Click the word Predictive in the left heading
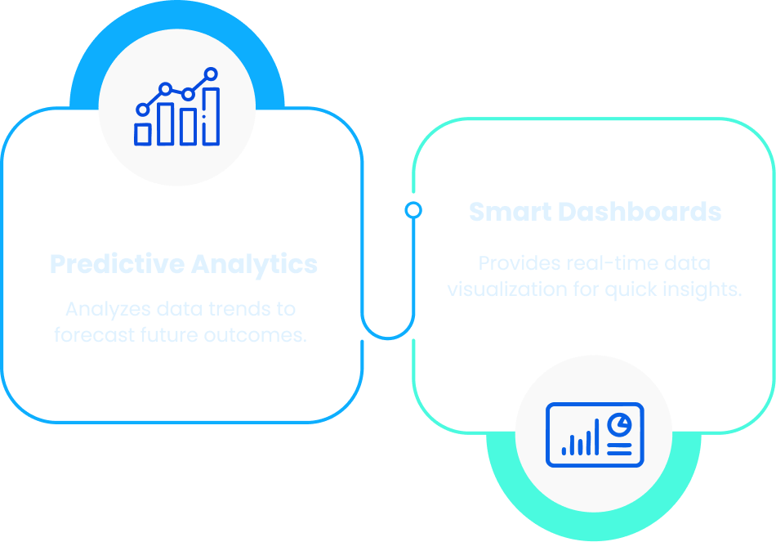point(117,265)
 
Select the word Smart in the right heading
point(509,213)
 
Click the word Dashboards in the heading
point(639,213)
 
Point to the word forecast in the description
point(91,335)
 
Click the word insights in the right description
point(703,289)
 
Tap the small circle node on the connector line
point(414,211)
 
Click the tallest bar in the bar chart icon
point(211,116)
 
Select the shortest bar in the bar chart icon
point(143,134)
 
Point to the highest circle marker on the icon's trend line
point(212,74)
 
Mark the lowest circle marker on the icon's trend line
point(143,109)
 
